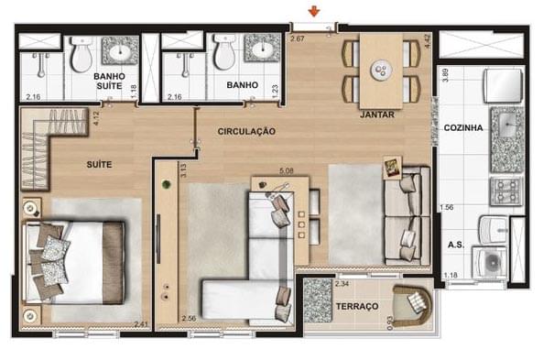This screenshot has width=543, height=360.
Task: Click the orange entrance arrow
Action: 314,12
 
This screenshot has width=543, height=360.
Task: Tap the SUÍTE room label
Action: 99,164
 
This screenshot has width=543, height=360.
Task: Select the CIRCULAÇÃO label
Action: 246,131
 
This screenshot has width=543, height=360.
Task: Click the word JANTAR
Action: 377,115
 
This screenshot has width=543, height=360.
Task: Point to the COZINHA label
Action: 463,128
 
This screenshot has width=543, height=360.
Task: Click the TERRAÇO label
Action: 357,306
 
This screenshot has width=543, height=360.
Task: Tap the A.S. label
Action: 456,245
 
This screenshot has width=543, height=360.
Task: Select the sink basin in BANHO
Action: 263,49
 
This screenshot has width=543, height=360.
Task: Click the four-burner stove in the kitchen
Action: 506,191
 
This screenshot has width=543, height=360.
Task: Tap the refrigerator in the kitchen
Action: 503,85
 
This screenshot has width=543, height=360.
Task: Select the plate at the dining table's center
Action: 381,71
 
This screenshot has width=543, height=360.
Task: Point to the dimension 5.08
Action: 286,170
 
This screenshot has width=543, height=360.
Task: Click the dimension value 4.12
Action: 97,118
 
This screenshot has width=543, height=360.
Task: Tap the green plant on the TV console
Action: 167,184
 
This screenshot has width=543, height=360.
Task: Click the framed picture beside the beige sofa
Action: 393,168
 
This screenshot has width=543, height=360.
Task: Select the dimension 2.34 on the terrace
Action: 342,284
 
